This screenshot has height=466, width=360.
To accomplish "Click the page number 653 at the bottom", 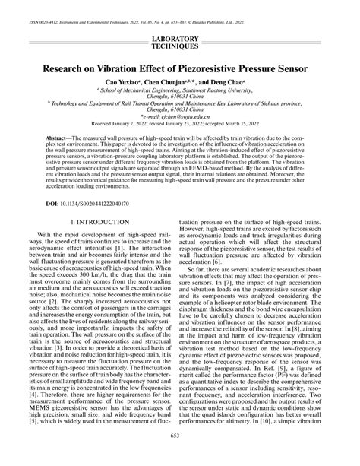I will coord(180,456).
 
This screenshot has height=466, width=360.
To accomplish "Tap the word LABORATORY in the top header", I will coord(180,38).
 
